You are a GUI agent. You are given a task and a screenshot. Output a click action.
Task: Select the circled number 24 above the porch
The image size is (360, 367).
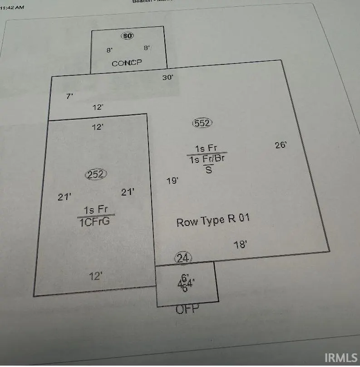[183, 258]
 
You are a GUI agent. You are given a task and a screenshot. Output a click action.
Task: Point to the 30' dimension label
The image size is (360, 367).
[168, 78]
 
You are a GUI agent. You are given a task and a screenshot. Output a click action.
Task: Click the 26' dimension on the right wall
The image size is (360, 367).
[281, 145]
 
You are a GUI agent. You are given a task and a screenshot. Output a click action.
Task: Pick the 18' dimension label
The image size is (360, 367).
[240, 245]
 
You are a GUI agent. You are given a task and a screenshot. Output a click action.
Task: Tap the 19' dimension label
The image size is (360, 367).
[172, 181]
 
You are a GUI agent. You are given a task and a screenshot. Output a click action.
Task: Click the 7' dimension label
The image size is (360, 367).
[69, 96]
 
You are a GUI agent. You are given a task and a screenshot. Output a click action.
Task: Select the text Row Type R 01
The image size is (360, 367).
[213, 221]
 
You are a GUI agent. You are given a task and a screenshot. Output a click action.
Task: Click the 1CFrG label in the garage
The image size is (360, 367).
[94, 221]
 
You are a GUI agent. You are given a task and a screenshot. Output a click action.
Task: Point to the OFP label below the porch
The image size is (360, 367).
[187, 309]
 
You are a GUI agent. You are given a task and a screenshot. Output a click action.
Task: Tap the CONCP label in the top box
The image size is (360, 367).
[127, 64]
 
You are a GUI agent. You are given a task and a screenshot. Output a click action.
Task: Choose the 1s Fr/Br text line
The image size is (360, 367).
[207, 159]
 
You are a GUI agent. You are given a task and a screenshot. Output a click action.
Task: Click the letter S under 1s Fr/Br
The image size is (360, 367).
[208, 170]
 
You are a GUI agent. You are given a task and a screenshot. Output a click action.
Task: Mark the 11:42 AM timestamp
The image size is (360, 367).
[13, 7]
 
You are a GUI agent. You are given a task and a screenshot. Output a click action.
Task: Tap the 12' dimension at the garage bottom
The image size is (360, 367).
[95, 275]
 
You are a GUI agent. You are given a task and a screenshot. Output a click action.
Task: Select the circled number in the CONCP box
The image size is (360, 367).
[128, 35]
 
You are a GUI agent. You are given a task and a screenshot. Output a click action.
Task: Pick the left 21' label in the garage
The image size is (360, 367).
[64, 197]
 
